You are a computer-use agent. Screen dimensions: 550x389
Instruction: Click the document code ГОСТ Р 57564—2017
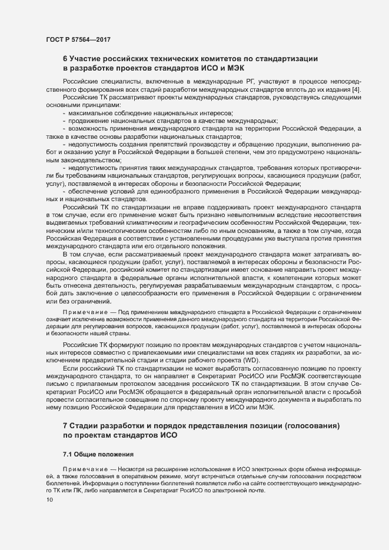(x=78, y=39)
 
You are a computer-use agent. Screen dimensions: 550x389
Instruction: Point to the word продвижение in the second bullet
(x=91, y=119)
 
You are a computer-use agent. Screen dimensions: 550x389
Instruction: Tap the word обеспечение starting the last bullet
(x=91, y=191)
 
